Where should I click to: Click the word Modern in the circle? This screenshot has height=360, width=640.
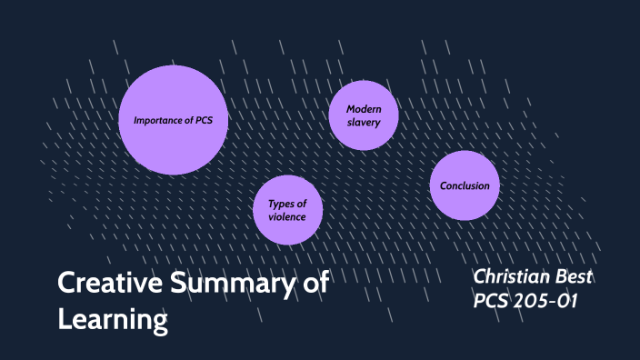coord(364,109)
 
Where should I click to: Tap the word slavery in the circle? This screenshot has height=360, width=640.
coord(364,123)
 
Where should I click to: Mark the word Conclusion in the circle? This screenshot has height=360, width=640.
coord(465,185)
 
